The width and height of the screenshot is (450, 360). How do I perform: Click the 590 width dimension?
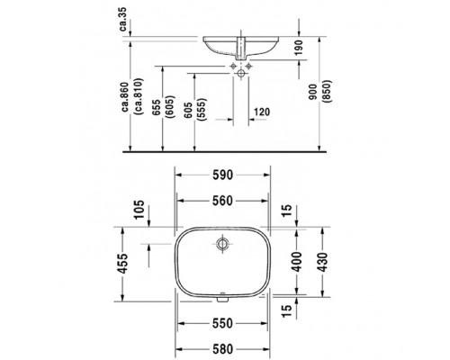223,177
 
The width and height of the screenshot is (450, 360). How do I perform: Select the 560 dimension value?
223,202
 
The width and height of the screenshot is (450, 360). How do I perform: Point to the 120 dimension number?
263,112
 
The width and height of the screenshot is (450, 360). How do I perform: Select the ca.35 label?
123,17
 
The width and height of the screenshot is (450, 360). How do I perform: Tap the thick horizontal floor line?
225,151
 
